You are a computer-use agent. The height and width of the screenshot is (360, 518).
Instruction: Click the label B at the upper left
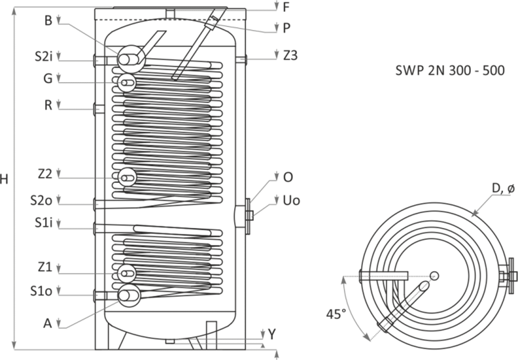48,20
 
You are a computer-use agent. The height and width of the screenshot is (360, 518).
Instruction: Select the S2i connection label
44,57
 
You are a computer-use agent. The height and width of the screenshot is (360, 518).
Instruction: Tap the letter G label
48,79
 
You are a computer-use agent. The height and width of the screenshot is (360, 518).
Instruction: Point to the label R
48,105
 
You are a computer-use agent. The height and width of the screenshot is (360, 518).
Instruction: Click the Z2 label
45,174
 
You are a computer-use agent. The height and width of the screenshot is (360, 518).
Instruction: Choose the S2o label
41,200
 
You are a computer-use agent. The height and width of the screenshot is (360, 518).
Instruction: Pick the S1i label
44,223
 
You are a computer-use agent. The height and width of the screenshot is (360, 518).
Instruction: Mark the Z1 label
45,267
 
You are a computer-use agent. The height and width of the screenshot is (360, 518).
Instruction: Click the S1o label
41,291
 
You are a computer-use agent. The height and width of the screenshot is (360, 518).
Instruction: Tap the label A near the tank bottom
48,323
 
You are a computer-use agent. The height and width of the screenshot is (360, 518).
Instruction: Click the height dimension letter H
4,179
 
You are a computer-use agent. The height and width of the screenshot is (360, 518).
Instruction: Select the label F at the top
287,7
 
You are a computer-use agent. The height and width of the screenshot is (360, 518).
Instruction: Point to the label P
287,28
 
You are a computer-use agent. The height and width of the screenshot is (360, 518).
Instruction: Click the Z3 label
290,56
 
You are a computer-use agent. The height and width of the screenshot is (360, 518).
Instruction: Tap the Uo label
291,200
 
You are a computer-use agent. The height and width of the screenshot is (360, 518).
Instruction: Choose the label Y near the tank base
272,334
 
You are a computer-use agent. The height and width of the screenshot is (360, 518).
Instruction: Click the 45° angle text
336,314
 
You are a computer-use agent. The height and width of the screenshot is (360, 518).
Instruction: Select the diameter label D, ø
503,188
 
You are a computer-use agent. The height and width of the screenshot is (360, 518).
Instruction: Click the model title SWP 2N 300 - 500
450,70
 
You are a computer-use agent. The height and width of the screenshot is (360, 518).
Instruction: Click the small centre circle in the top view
435,276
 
